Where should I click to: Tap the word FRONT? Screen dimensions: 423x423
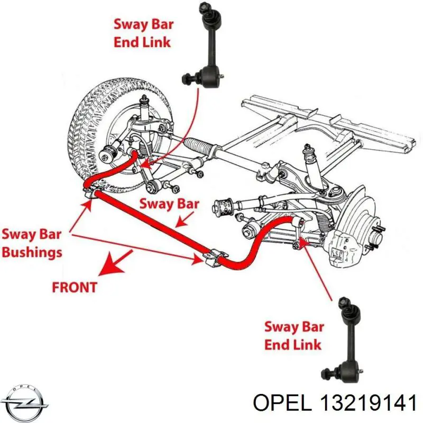pos(75,287)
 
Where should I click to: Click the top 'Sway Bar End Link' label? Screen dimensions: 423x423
pos(143,33)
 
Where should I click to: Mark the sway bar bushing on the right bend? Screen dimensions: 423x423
pos(212,257)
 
